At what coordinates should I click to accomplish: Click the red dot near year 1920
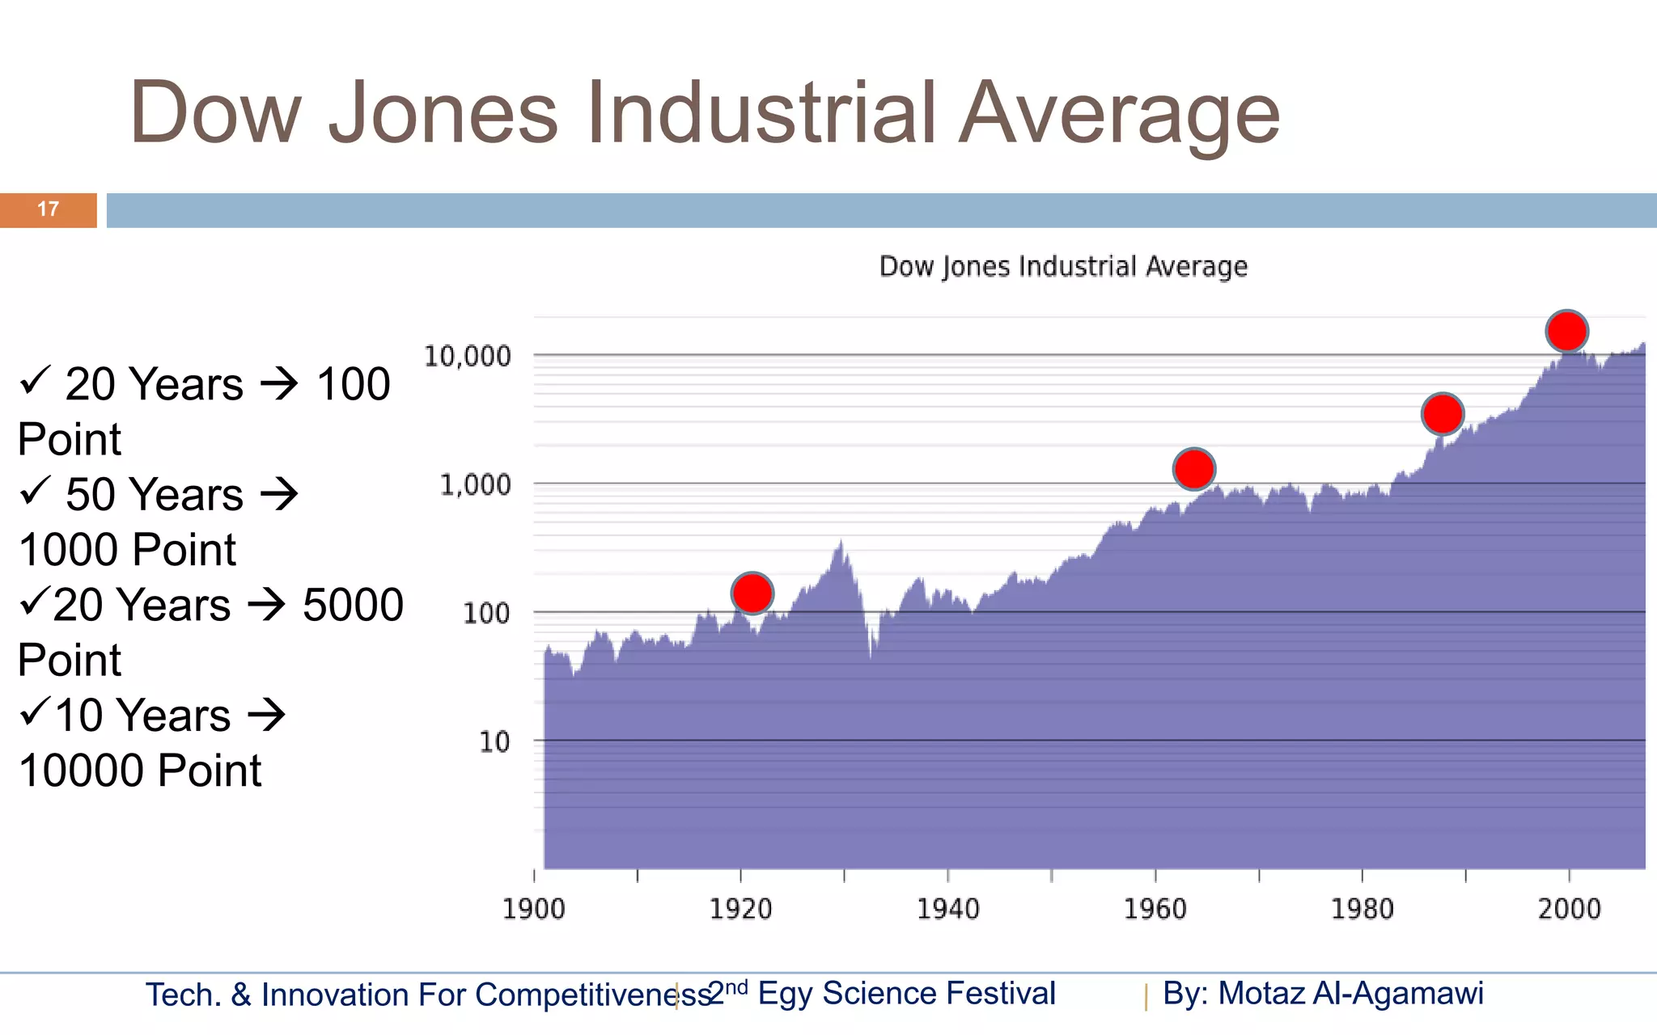point(752,594)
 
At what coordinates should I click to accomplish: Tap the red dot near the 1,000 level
point(1194,469)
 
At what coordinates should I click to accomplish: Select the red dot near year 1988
point(1443,414)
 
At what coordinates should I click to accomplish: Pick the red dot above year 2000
point(1567,331)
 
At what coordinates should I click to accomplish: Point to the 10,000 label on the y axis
point(468,356)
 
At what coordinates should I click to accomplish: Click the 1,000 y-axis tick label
point(475,484)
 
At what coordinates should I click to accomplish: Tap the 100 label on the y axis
point(486,613)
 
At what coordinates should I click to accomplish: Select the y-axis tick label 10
point(494,741)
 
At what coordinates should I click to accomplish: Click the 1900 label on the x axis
point(533,909)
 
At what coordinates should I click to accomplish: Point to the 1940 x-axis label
point(947,909)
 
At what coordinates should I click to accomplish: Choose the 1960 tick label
point(1155,909)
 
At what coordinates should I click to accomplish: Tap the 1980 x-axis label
point(1362,909)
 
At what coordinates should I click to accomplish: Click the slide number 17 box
point(49,209)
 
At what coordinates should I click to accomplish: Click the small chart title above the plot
point(1063,266)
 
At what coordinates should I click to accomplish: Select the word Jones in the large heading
point(443,113)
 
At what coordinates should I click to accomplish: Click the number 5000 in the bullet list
point(353,605)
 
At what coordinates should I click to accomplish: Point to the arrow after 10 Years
point(266,715)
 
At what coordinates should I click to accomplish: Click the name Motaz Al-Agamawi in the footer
point(1350,994)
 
